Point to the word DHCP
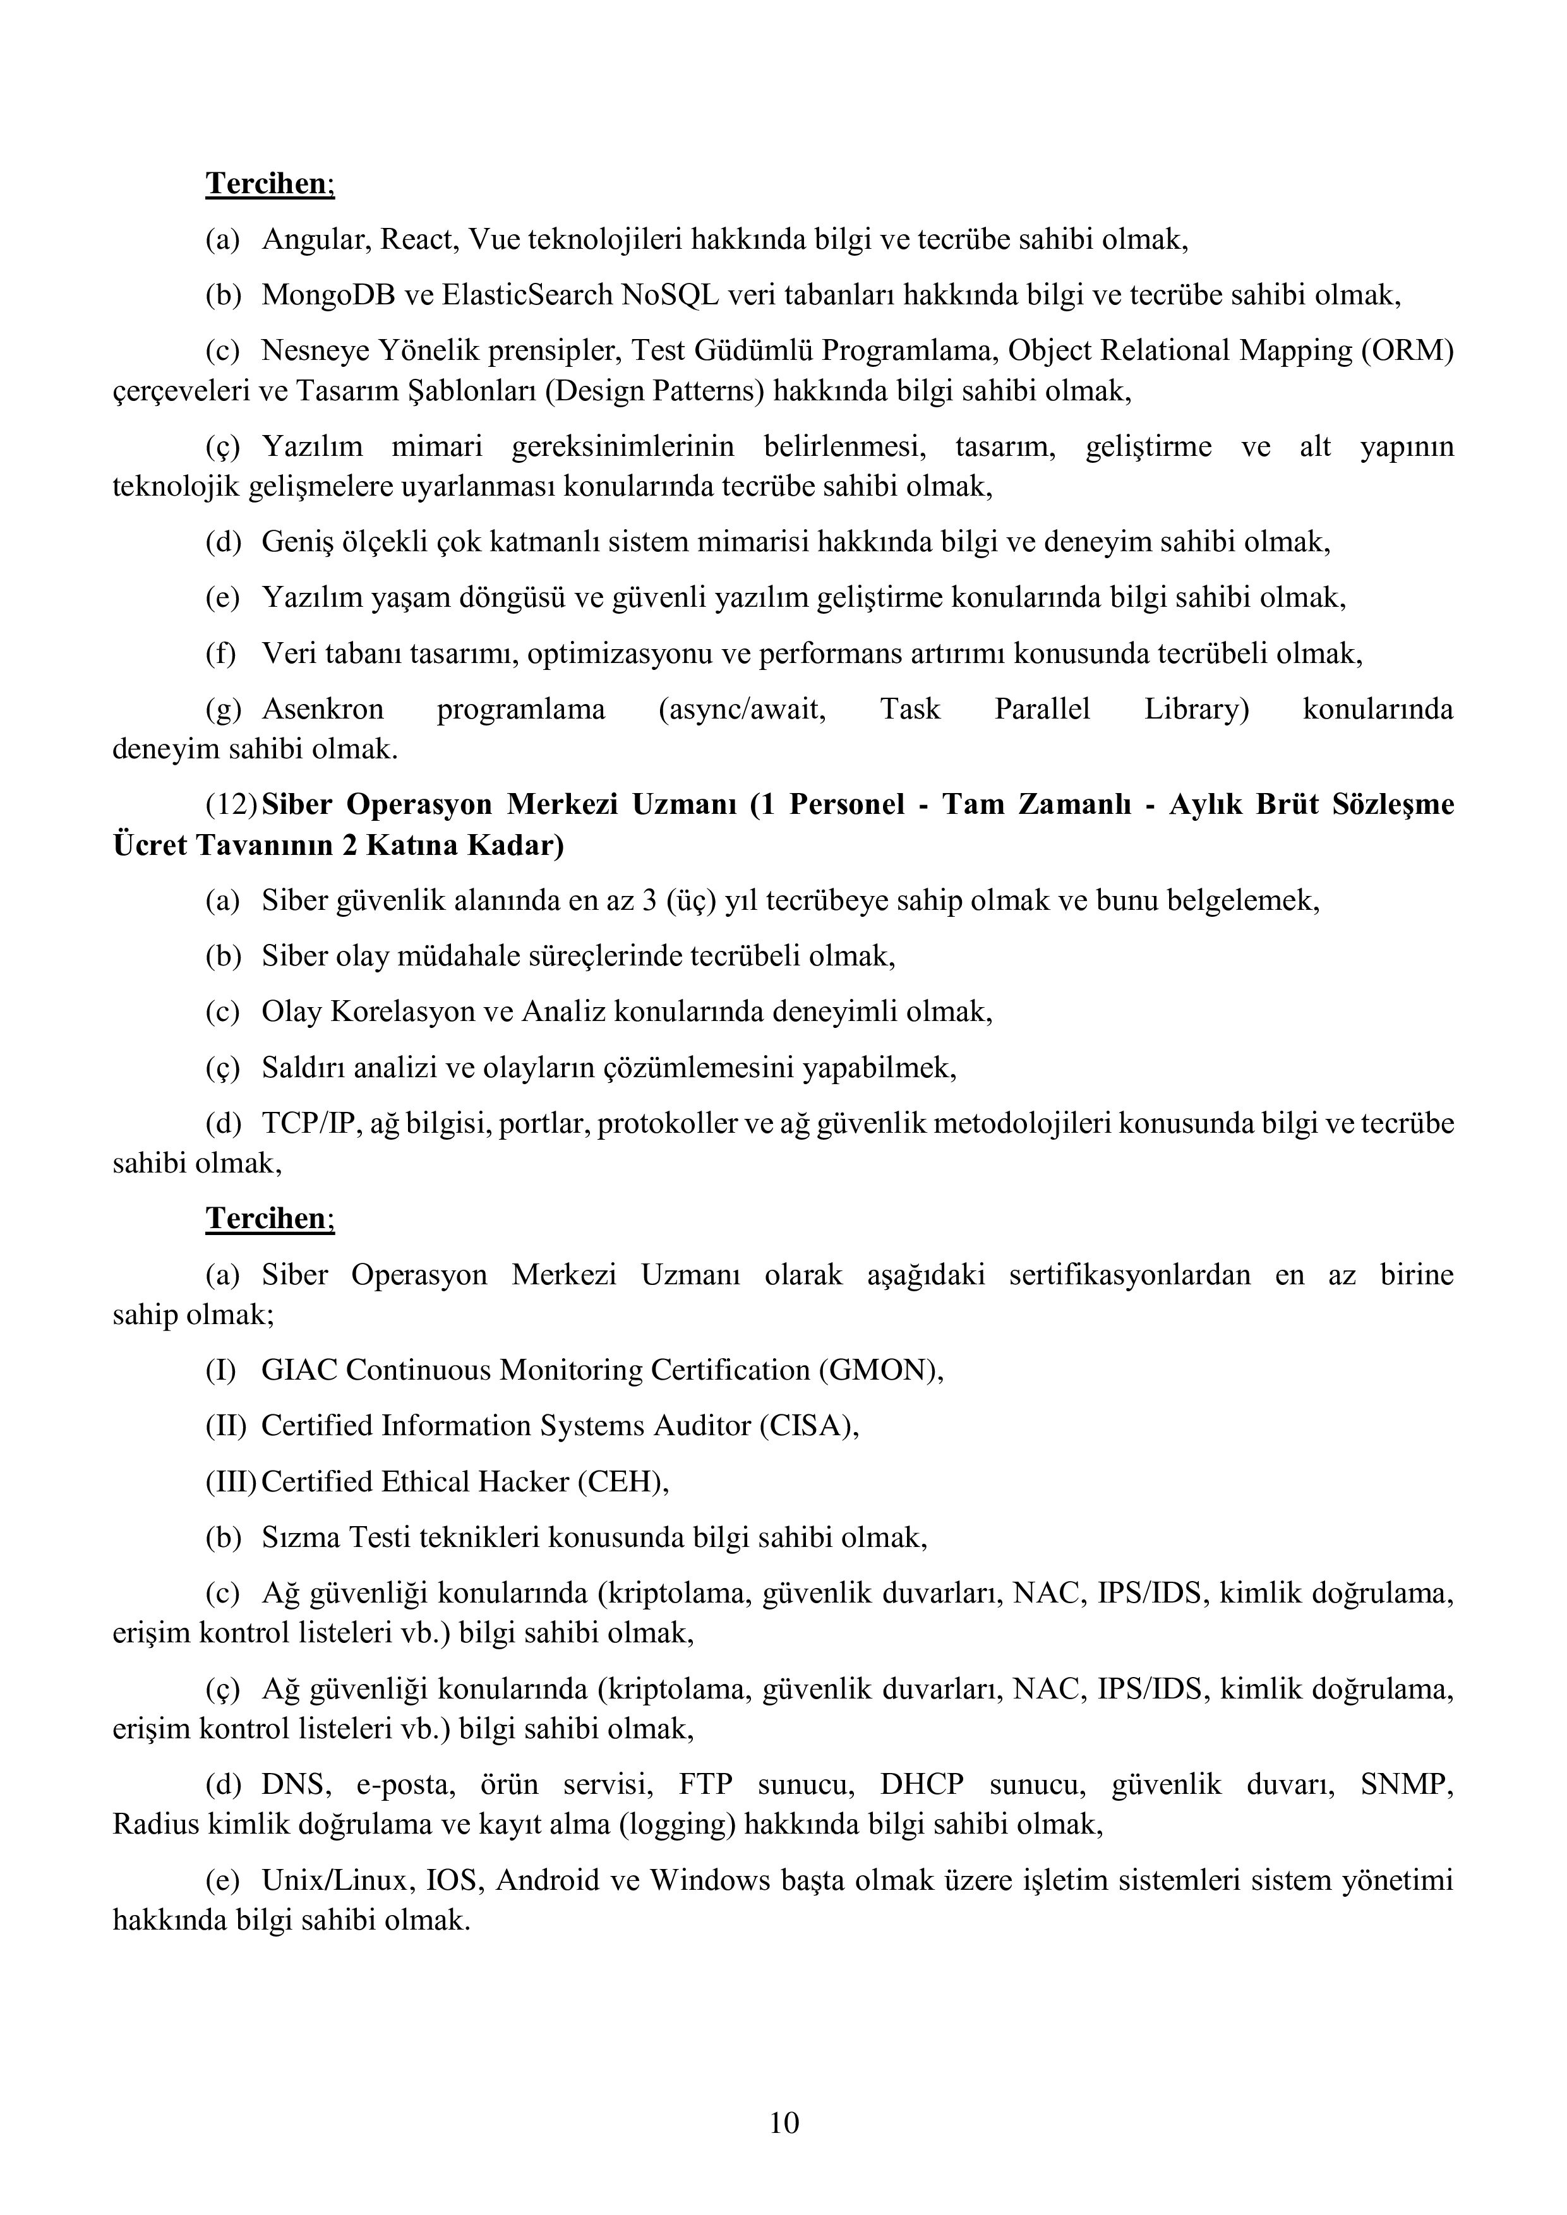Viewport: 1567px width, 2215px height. [922, 1785]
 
